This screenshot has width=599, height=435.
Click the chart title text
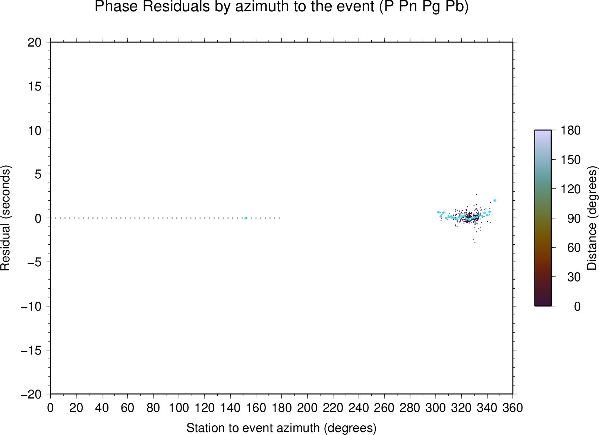click(281, 7)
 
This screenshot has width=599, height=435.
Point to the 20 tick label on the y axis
click(35, 42)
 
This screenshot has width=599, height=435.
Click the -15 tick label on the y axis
click(31, 350)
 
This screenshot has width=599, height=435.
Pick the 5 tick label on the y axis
click(38, 174)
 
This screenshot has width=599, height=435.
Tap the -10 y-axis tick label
click(31, 306)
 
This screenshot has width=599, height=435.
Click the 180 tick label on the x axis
click(281, 408)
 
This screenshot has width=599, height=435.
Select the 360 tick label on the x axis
click(513, 408)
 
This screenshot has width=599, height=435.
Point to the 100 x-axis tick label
click(179, 408)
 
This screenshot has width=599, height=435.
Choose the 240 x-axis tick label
click(359, 408)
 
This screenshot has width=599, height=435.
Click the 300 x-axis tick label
click(436, 408)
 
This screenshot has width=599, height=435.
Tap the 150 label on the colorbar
click(570, 160)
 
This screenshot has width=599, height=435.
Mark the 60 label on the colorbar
click(574, 248)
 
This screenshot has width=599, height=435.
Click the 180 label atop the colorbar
click(570, 130)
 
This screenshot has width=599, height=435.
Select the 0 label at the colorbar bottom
click(577, 306)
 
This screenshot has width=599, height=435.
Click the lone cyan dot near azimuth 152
click(246, 218)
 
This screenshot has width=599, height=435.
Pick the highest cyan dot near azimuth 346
click(495, 200)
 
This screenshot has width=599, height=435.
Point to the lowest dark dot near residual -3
click(475, 242)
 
